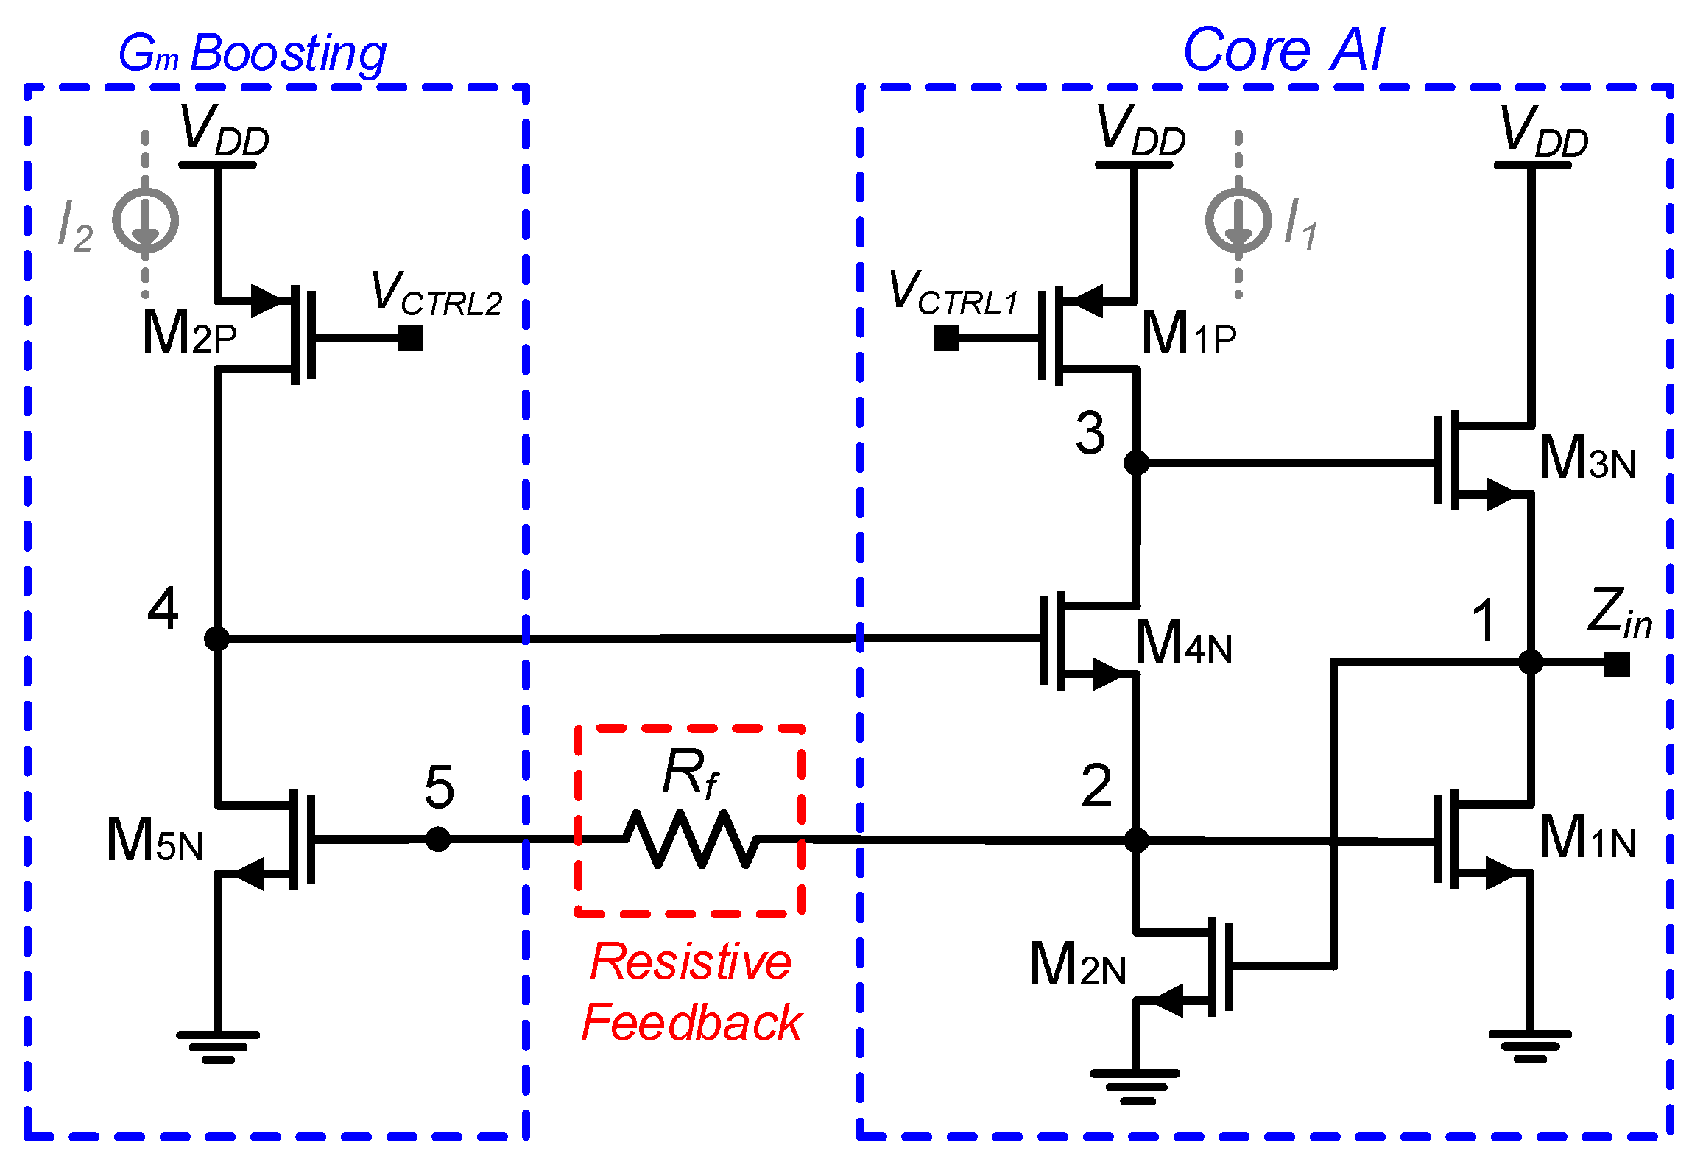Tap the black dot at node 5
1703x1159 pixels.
[438, 839]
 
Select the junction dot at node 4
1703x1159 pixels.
[217, 638]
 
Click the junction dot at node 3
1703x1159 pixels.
[1136, 462]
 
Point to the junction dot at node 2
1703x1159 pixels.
[1136, 839]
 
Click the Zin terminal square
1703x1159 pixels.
[1617, 663]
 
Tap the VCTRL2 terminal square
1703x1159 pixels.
[410, 339]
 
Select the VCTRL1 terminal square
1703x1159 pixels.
[946, 339]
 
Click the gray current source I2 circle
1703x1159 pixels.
[146, 221]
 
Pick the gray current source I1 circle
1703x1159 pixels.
[1238, 221]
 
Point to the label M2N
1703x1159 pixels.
[1077, 965]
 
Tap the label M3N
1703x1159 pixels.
[1587, 459]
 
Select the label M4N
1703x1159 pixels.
[1183, 644]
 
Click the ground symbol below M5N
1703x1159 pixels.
[218, 1046]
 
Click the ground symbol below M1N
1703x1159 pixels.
[1530, 1046]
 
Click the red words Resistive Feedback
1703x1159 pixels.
[691, 992]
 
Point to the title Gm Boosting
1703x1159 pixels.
[253, 54]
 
